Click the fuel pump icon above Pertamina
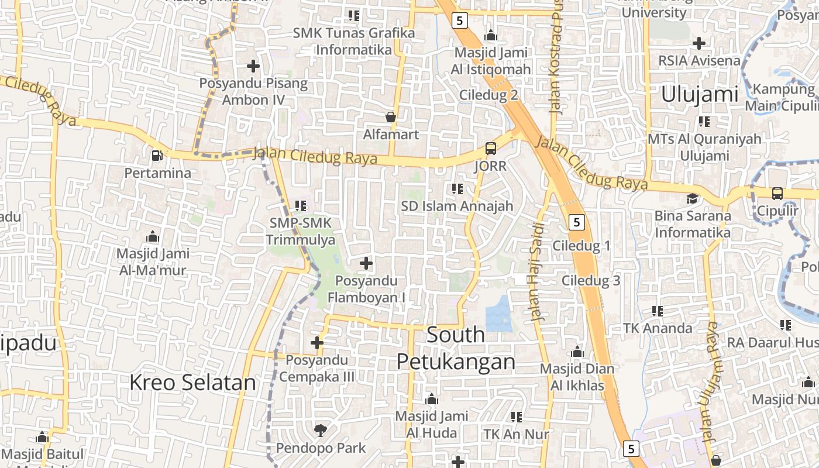[x=157, y=156]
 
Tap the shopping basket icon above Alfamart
[x=391, y=117]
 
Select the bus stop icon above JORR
[x=491, y=149]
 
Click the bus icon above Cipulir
[x=777, y=193]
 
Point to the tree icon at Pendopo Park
[x=320, y=431]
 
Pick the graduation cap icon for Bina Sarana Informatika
[x=693, y=198]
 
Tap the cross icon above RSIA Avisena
[x=698, y=43]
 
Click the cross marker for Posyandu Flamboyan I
[x=366, y=263]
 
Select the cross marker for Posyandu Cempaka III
[x=317, y=343]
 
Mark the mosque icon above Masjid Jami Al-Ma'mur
[x=153, y=236]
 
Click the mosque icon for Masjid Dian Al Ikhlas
[x=577, y=352]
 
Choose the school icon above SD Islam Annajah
[x=457, y=188]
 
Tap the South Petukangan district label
[x=456, y=349]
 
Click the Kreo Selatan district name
[x=192, y=383]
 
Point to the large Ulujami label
[x=700, y=94]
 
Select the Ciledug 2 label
[x=489, y=95]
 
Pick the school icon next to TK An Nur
[x=516, y=417]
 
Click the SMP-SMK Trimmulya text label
[x=301, y=232]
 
